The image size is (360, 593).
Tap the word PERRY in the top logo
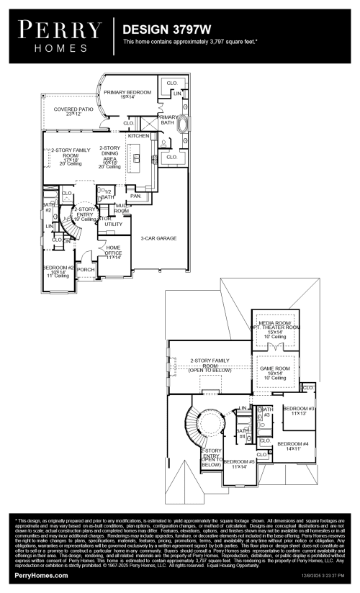60,29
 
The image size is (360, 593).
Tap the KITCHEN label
138,135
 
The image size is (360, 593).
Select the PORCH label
86,271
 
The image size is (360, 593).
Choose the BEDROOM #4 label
292,445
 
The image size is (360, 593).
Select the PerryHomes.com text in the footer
41,576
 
